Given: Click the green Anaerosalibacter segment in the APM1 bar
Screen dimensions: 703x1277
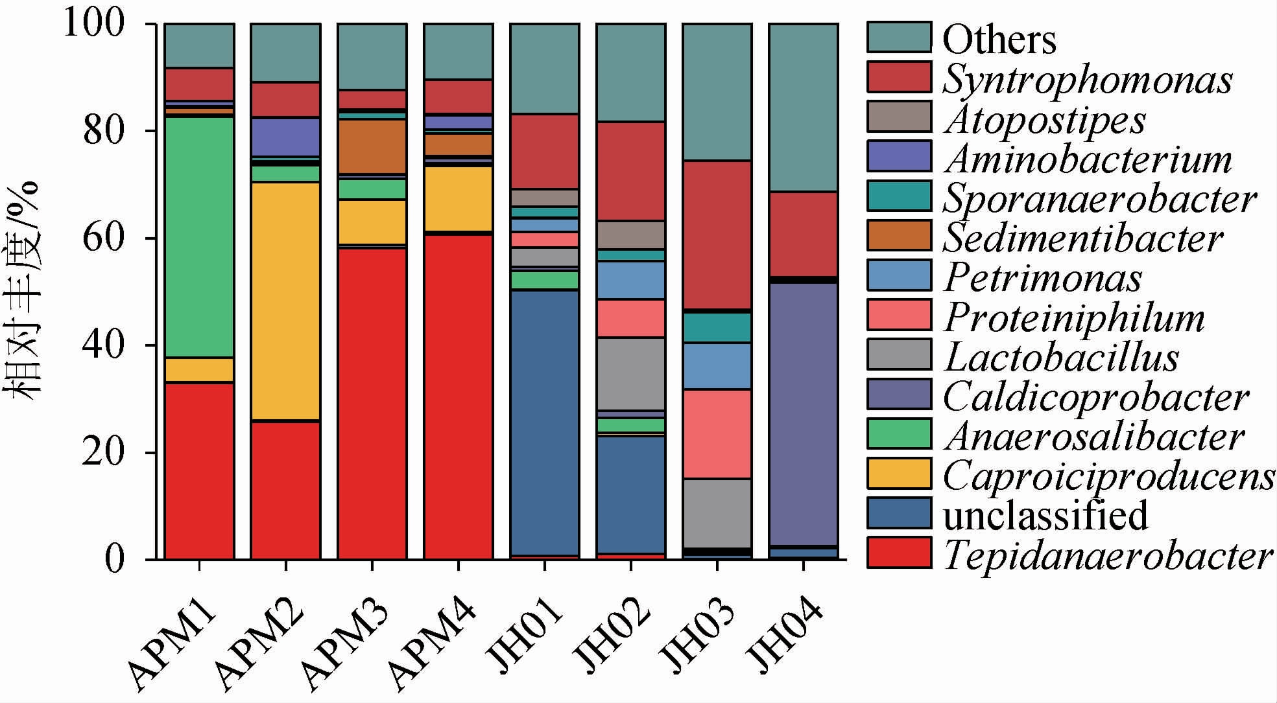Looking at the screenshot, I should pyautogui.click(x=199, y=237).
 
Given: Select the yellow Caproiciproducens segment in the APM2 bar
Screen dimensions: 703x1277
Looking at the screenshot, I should pyautogui.click(x=285, y=301).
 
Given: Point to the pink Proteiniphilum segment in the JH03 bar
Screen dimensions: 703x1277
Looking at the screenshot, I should pyautogui.click(x=717, y=433).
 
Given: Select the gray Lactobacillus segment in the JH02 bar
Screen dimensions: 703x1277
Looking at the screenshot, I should pyautogui.click(x=630, y=373).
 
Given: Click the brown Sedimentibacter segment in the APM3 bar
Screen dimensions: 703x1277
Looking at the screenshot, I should pyautogui.click(x=372, y=146).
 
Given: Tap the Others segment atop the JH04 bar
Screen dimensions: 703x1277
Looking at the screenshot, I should pyautogui.click(x=803, y=108).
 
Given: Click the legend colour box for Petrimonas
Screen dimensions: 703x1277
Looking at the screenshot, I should pyautogui.click(x=899, y=275).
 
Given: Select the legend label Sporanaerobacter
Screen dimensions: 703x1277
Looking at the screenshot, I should pyautogui.click(x=1099, y=199).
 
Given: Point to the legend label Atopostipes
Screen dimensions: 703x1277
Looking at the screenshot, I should pyautogui.click(x=1044, y=120).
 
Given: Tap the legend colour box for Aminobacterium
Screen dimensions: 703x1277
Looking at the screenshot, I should pyautogui.click(x=899, y=156).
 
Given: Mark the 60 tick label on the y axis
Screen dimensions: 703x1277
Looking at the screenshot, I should pyautogui.click(x=104, y=238).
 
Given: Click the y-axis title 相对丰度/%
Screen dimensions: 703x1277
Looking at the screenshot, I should pyautogui.click(x=25, y=292).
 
